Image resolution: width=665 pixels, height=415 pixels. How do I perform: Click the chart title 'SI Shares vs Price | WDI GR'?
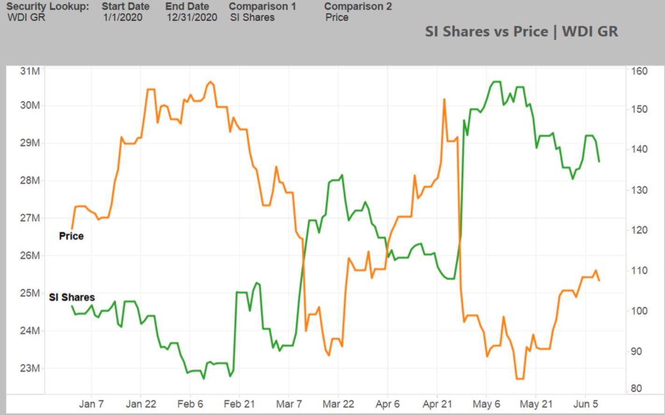521,32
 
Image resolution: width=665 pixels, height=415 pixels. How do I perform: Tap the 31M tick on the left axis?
30,71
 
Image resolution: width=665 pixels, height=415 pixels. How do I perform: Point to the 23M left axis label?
30,368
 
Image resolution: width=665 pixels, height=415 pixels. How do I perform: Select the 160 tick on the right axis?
639,71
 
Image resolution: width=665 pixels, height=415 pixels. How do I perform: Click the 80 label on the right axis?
636,388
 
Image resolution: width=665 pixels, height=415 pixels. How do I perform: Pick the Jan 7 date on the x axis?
91,404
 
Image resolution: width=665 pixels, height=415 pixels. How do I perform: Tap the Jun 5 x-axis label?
585,404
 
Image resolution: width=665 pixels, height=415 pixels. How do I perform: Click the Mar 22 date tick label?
338,404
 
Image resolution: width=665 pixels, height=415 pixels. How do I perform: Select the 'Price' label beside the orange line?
71,236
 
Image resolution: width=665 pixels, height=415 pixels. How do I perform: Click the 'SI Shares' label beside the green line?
71,297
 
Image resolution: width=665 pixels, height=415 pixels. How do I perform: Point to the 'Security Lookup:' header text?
47,7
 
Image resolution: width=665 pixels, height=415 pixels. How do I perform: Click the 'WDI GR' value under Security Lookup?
26,18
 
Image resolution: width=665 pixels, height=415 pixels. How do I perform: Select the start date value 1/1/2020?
123,18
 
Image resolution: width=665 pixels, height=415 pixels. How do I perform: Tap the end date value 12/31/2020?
192,18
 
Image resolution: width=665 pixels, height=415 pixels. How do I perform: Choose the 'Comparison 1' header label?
262,7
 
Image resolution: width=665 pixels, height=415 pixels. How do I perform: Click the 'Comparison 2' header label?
358,7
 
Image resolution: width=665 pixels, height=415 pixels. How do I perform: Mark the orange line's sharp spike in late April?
444,100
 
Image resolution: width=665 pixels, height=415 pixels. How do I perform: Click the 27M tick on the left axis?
30,218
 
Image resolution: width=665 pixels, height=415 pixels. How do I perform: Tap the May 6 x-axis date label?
486,404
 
